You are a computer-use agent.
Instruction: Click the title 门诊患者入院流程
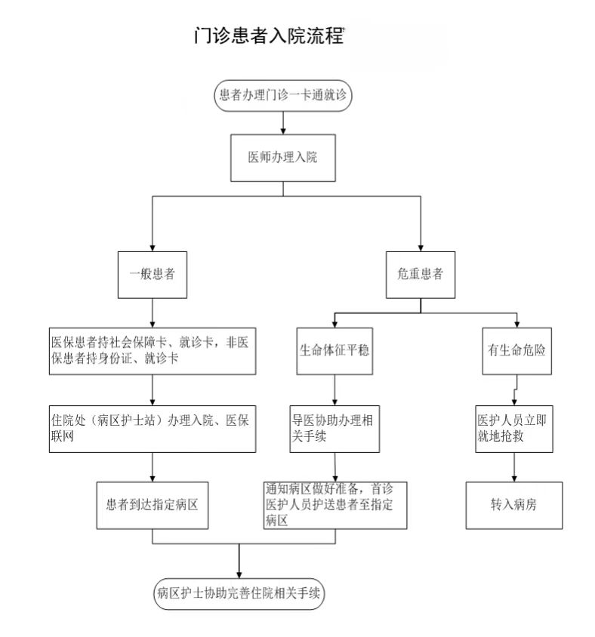point(268,36)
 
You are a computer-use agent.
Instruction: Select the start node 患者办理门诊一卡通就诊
point(282,95)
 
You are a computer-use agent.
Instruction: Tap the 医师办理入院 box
point(282,158)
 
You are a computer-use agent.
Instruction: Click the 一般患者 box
point(153,274)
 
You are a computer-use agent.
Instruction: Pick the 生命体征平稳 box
point(334,350)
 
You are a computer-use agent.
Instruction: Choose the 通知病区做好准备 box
point(334,503)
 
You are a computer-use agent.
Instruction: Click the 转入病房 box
point(513,503)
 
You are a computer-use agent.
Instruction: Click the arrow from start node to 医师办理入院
point(282,123)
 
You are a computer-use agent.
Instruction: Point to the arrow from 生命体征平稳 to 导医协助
point(334,390)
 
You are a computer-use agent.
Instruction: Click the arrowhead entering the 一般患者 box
point(153,246)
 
